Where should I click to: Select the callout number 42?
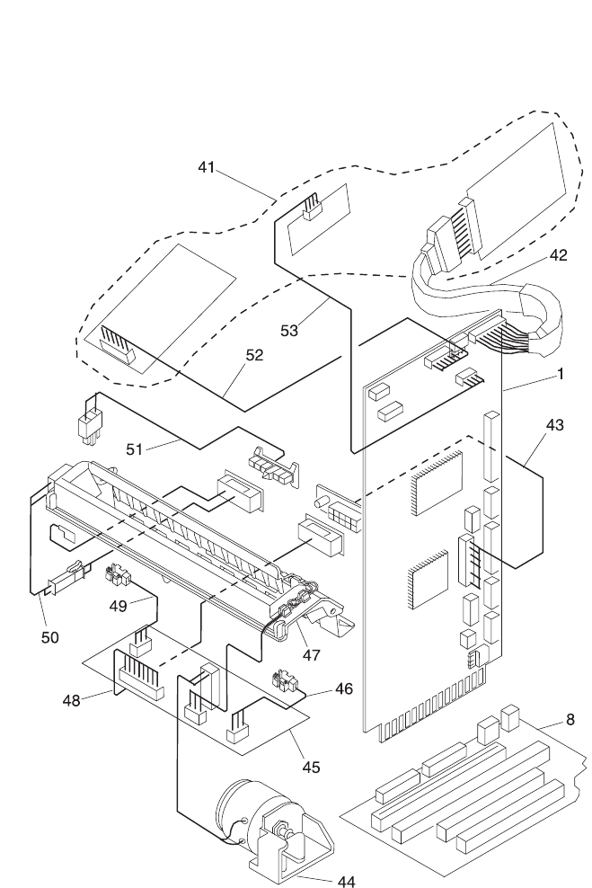tap(558, 254)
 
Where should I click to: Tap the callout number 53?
tap(288, 331)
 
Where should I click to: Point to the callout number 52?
tap(254, 355)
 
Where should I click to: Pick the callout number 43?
tap(555, 425)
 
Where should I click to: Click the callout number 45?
tap(311, 767)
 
